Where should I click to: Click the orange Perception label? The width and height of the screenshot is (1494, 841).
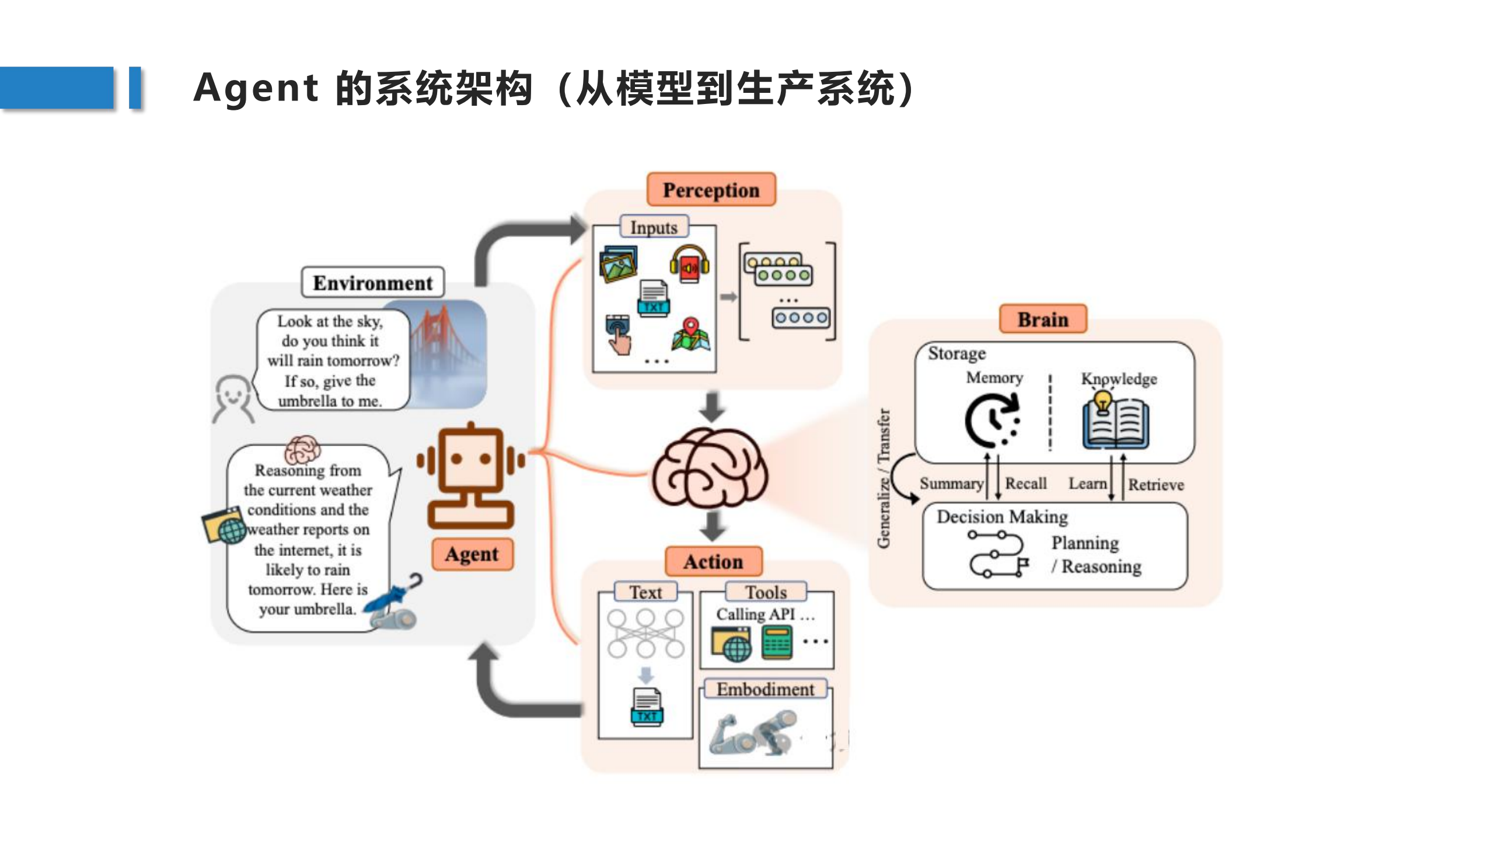click(x=711, y=190)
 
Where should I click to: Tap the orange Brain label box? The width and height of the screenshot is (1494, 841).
click(x=1042, y=319)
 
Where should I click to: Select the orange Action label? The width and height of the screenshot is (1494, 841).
click(x=713, y=562)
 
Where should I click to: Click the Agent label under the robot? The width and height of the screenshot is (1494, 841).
click(x=472, y=554)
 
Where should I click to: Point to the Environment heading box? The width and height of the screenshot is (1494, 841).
click(x=372, y=283)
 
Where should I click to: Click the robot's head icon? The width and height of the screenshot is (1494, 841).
click(x=470, y=459)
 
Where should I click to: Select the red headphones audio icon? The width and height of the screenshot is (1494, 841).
click(x=689, y=265)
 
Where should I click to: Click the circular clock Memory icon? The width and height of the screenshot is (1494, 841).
click(x=992, y=420)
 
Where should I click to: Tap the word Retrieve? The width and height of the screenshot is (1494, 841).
click(x=1156, y=485)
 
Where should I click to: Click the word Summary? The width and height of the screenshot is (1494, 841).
click(x=951, y=484)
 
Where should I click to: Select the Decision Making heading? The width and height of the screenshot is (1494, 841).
click(x=1002, y=517)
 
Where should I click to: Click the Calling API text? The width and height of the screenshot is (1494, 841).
click(x=756, y=614)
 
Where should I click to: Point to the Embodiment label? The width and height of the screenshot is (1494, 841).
click(x=765, y=689)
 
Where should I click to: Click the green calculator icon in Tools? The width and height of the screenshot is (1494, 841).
click(x=777, y=642)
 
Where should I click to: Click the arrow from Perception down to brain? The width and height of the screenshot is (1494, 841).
click(x=712, y=407)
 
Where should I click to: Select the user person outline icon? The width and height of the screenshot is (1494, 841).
click(x=233, y=398)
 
